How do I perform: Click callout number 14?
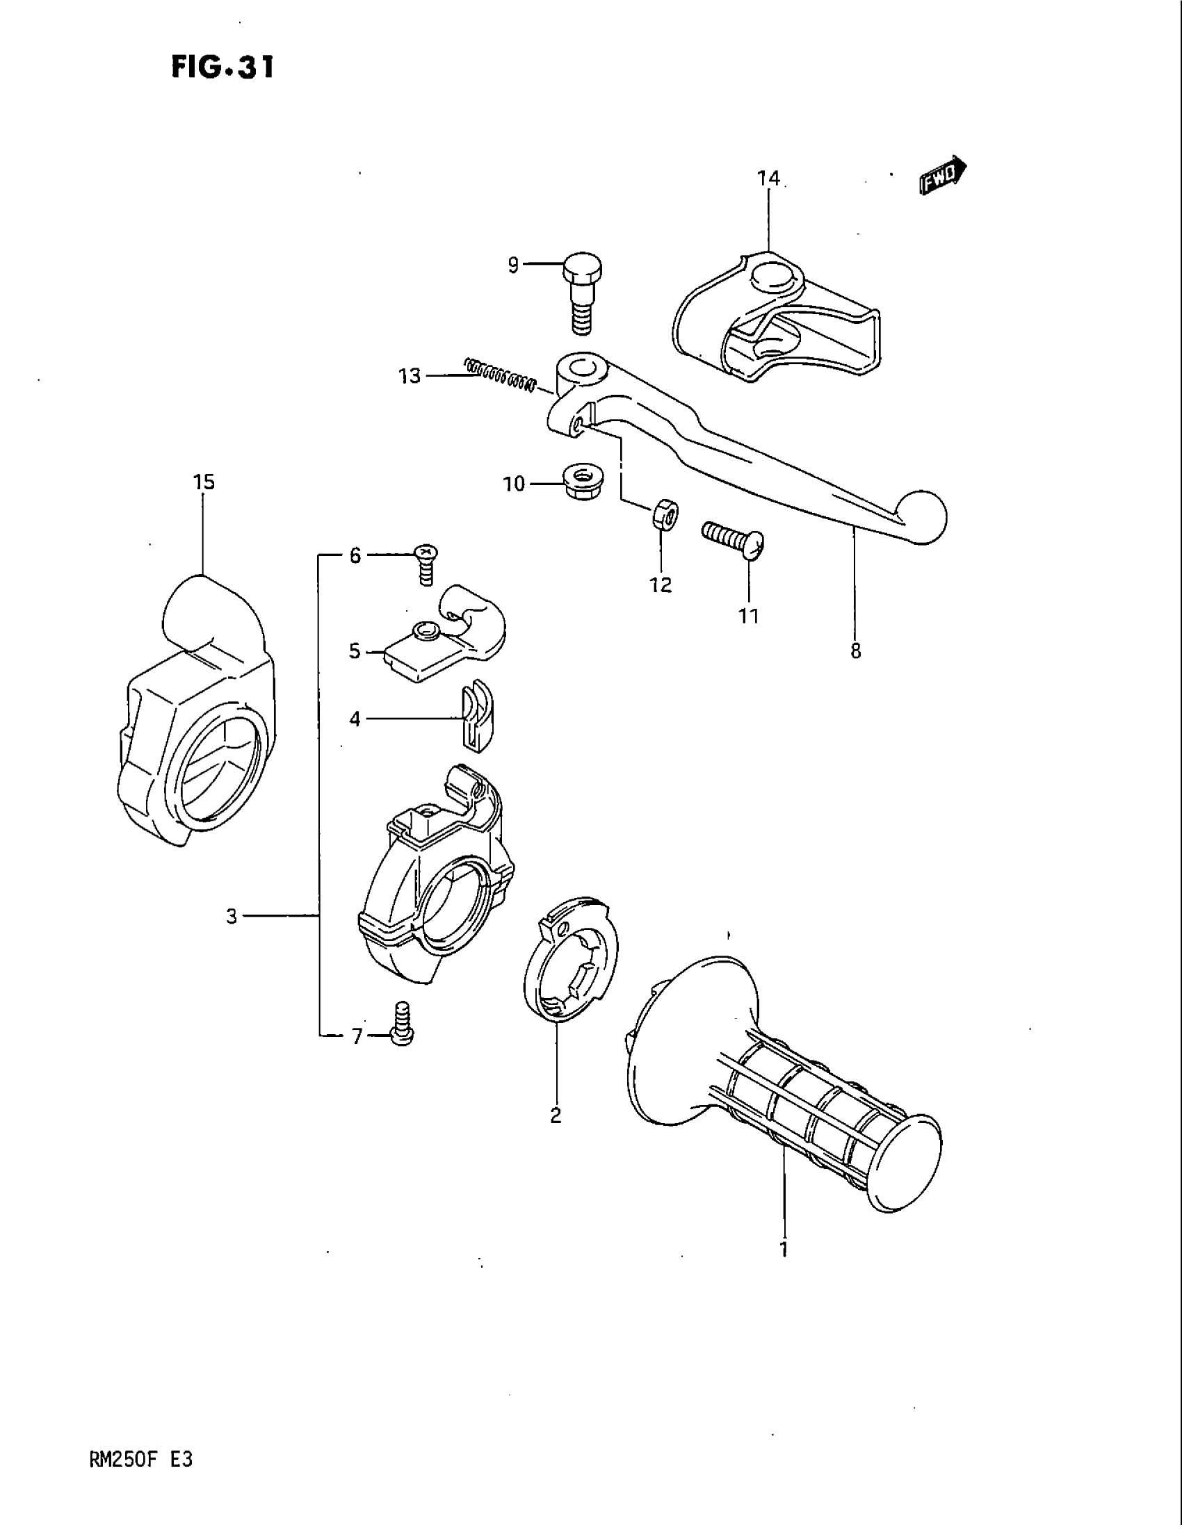(768, 179)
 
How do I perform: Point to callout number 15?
(204, 482)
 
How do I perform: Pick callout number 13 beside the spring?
(410, 377)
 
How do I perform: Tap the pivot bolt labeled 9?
(583, 295)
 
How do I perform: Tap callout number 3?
(232, 916)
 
